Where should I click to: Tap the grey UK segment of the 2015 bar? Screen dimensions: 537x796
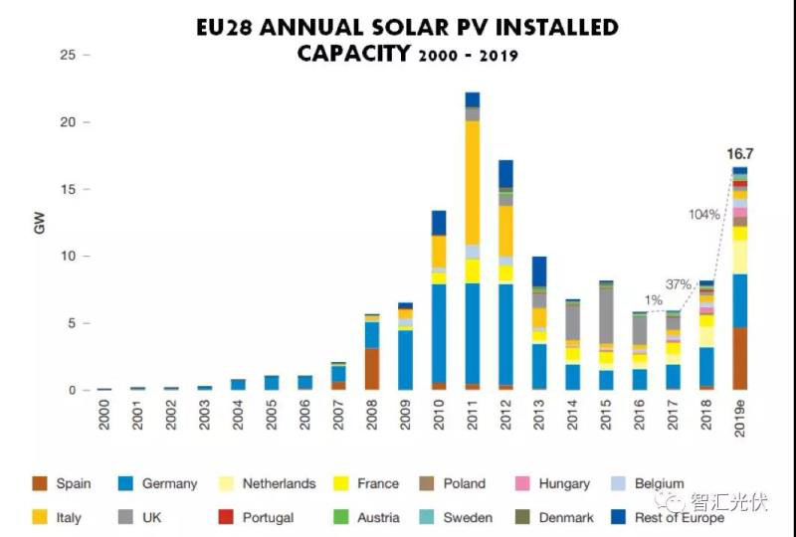pos(606,316)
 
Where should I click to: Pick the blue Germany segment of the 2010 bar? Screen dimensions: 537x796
pos(438,334)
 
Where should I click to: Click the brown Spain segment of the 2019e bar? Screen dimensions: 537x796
pos(739,359)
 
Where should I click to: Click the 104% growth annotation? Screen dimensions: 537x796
pos(703,215)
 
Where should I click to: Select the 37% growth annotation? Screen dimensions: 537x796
pos(679,284)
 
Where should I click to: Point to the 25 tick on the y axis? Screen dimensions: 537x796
pos(68,55)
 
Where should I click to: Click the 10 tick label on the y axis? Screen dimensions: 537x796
pos(68,257)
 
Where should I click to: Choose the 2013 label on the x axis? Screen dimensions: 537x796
pos(539,414)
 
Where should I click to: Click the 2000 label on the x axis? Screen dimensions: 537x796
pos(104,414)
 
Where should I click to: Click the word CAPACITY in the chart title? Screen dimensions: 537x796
pos(353,52)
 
